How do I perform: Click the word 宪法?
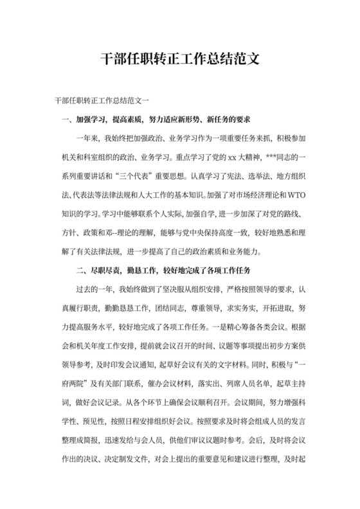(x=234, y=175)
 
